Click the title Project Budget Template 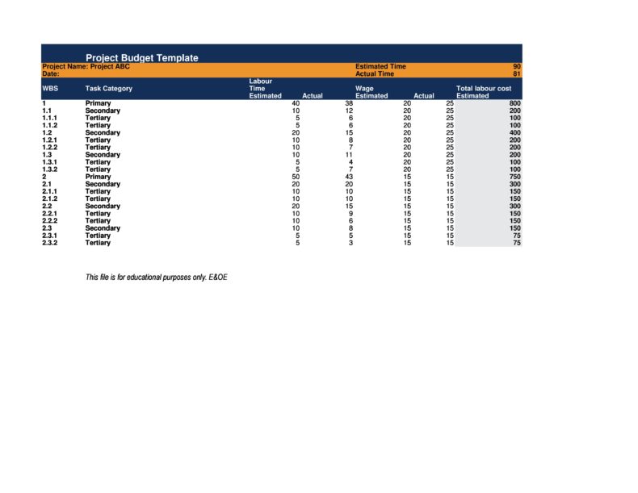pyautogui.click(x=142, y=58)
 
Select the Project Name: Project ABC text pyautogui.click(x=86, y=67)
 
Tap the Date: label pyautogui.click(x=51, y=74)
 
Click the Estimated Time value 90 pyautogui.click(x=517, y=67)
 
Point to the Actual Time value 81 pyautogui.click(x=517, y=74)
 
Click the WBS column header pyautogui.click(x=50, y=88)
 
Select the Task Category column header pyautogui.click(x=109, y=88)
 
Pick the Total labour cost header pyautogui.click(x=484, y=88)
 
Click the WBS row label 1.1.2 pyautogui.click(x=49, y=126)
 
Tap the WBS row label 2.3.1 pyautogui.click(x=49, y=236)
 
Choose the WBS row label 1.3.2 pyautogui.click(x=49, y=169)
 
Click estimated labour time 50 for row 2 pyautogui.click(x=296, y=178)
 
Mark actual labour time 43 pyautogui.click(x=349, y=178)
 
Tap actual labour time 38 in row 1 pyautogui.click(x=349, y=104)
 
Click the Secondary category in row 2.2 pyautogui.click(x=103, y=207)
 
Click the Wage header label pyautogui.click(x=364, y=88)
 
